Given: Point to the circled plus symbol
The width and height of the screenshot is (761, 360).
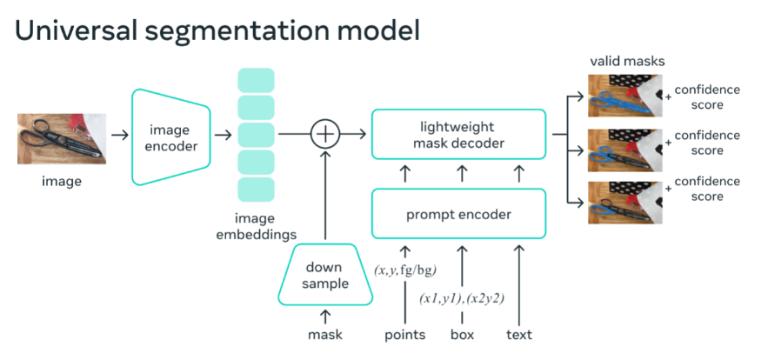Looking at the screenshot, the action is click(x=325, y=134).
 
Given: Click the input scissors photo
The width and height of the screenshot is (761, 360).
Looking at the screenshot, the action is click(x=62, y=139).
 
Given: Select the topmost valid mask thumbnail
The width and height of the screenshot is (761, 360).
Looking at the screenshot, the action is click(x=625, y=96).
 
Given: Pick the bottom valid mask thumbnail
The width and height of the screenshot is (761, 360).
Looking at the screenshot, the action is click(x=625, y=203).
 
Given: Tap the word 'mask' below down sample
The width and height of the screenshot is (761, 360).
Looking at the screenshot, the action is click(x=325, y=335).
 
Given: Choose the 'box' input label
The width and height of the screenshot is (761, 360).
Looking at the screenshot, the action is click(x=462, y=335).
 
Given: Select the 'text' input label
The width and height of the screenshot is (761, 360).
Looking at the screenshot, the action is click(x=519, y=335).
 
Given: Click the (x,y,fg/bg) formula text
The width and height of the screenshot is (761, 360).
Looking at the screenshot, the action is click(x=405, y=270).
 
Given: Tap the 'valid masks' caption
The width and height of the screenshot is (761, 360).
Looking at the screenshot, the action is click(x=627, y=62).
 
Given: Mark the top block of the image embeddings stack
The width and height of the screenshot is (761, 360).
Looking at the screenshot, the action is click(x=256, y=80).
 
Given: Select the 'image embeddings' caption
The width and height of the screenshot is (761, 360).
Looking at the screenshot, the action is click(x=256, y=227).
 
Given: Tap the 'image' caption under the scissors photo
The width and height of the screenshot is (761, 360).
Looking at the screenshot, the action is click(x=62, y=182).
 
